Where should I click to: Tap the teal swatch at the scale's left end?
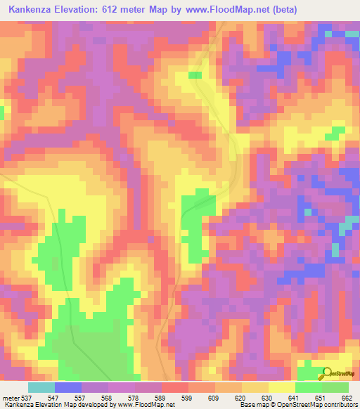(41, 388)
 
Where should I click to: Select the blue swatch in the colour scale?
(67, 388)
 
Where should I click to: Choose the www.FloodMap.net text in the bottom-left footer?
(144, 404)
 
